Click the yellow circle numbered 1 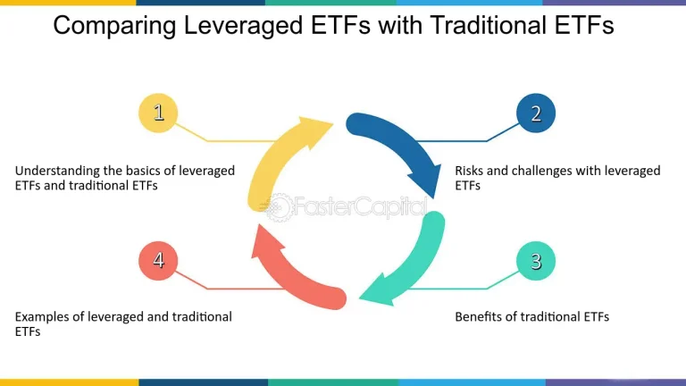(158, 112)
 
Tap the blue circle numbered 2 (536, 112)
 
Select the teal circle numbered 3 (536, 260)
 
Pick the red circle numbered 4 (158, 260)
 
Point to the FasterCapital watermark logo (344, 207)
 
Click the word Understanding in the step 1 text (57, 170)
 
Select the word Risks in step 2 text (471, 170)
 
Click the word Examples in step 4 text (44, 317)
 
